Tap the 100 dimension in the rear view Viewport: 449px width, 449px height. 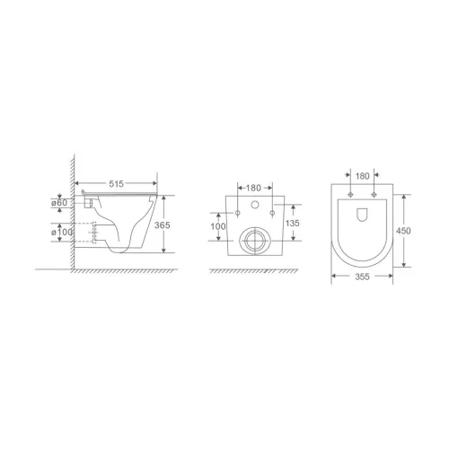tap(219, 225)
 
